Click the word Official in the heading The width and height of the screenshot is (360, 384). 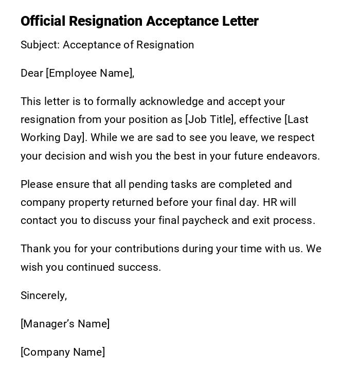tap(43, 21)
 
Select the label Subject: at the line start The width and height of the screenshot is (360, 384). tap(40, 45)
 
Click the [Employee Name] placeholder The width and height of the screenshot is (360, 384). tap(89, 74)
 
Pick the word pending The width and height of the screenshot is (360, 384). tap(146, 184)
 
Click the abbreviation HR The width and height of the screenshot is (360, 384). tap(270, 202)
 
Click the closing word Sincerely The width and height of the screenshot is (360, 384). tap(43, 295)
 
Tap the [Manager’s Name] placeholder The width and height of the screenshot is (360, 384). tap(65, 324)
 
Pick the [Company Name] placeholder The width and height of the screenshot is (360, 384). tap(63, 353)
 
